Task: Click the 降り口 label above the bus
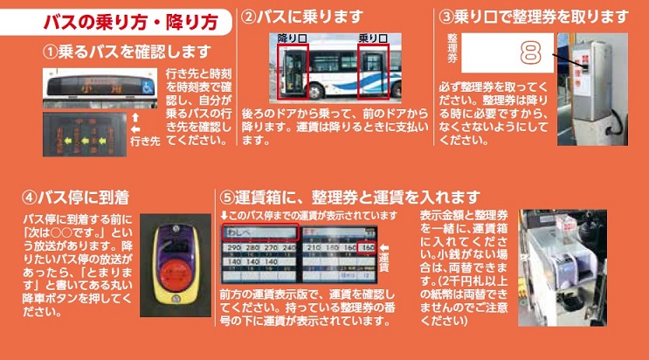click(x=293, y=38)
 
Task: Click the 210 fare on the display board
click(x=313, y=249)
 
